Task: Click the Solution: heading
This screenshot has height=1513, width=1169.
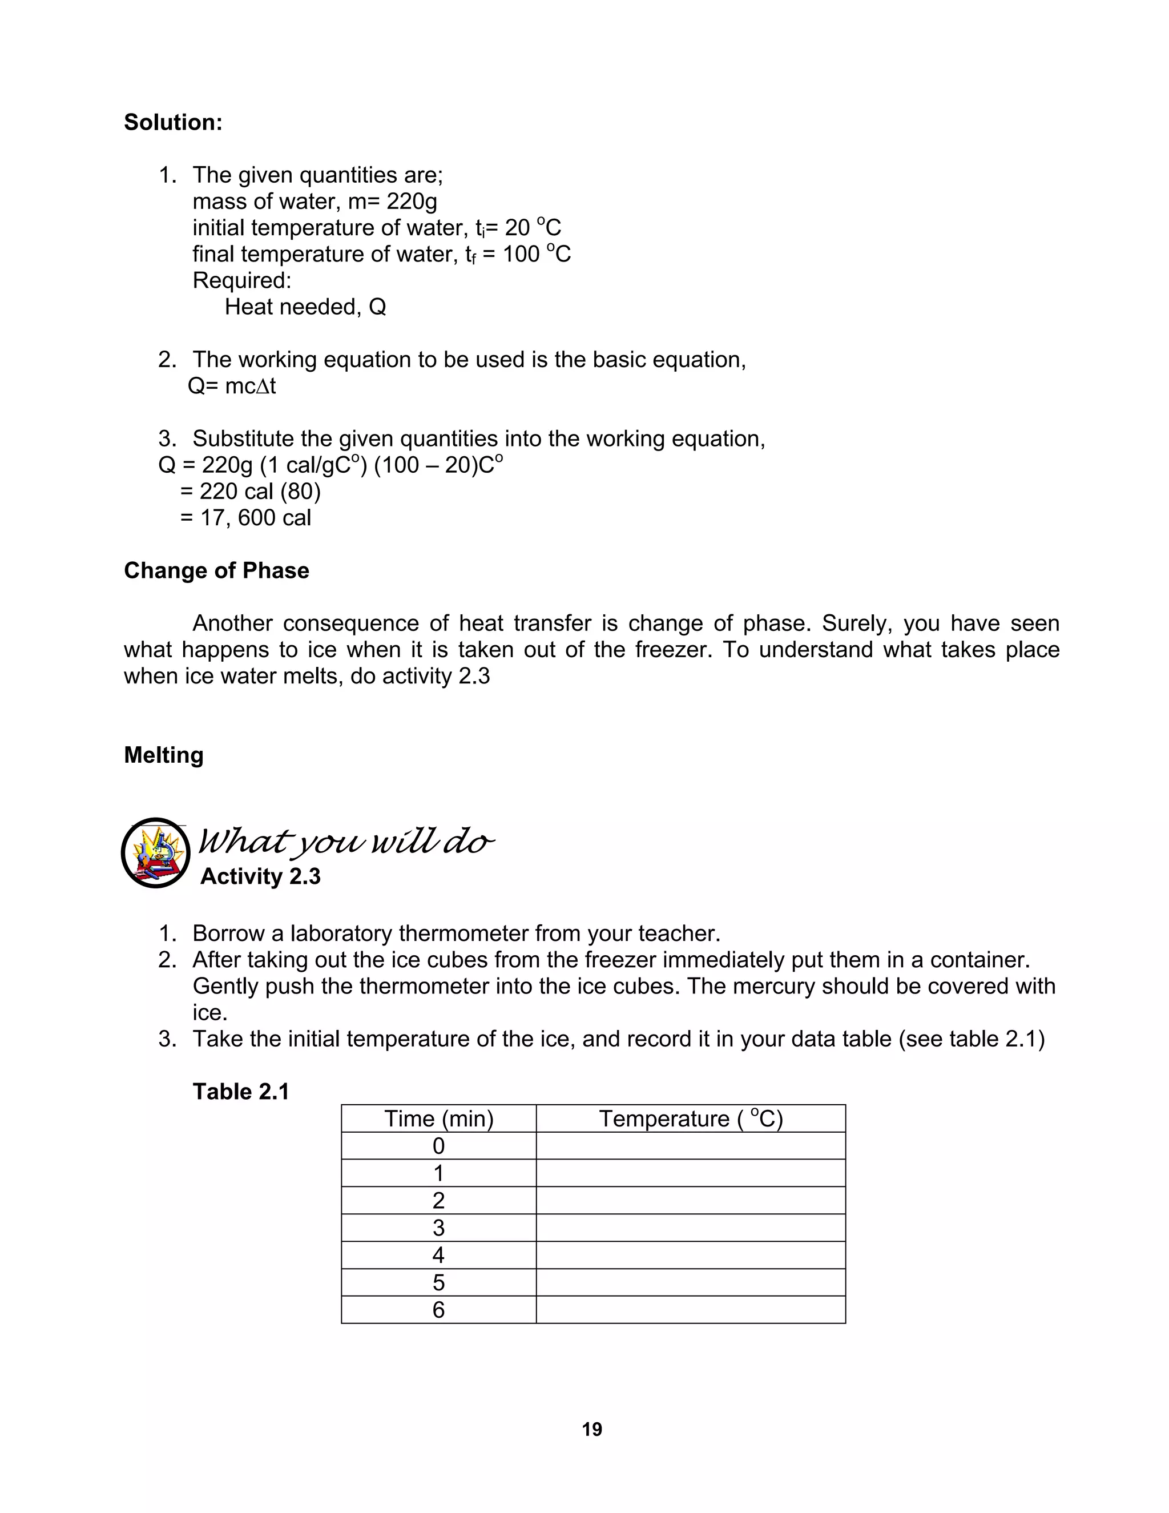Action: coord(173,123)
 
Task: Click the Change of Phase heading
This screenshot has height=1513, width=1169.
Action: coord(216,571)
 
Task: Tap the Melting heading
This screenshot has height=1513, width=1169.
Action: coord(163,755)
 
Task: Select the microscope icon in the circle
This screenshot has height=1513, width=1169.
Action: coord(156,853)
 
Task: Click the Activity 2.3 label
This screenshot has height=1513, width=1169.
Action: coord(260,876)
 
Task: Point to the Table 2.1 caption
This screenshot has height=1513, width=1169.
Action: coord(240,1092)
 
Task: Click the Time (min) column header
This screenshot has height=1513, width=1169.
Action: coord(438,1119)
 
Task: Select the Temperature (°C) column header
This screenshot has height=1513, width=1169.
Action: coord(691,1119)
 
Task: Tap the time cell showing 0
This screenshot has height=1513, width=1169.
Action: coord(438,1146)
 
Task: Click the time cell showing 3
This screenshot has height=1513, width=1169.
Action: coord(438,1228)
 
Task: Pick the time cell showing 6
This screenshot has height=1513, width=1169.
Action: coord(438,1310)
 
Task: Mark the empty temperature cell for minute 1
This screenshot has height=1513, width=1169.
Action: coord(691,1173)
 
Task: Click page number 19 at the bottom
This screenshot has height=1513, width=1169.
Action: coord(592,1430)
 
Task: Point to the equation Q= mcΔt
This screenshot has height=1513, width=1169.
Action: coord(232,387)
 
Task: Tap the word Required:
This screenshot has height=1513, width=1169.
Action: coord(241,280)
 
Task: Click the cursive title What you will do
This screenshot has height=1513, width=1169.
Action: coord(346,842)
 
